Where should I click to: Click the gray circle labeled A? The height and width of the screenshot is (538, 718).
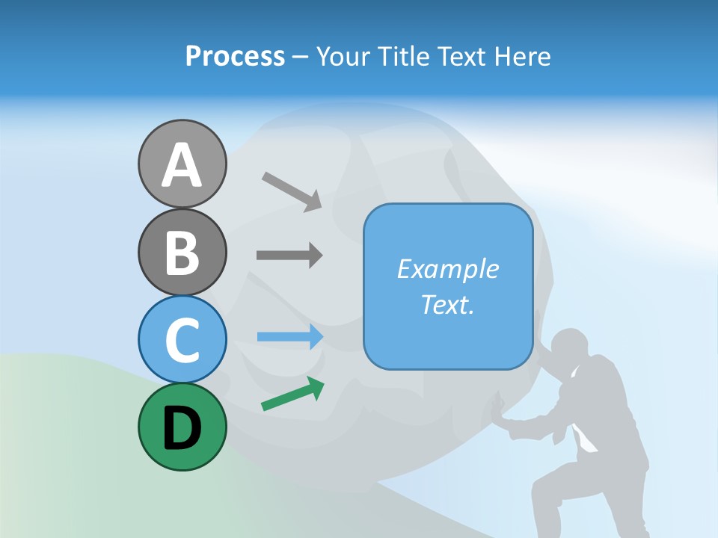(182, 164)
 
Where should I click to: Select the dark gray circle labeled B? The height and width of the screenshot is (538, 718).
(182, 253)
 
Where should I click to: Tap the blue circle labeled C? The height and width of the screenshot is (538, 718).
(182, 339)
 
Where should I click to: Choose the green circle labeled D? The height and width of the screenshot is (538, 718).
(182, 427)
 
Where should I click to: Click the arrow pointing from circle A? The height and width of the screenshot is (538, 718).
(292, 191)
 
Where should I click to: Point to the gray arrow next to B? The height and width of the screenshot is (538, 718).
(289, 256)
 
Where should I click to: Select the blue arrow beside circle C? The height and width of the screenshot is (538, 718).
(290, 337)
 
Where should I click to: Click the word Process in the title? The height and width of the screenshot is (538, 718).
(235, 57)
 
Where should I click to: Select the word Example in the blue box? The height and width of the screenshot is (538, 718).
(447, 269)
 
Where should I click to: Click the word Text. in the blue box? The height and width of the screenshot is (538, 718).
(447, 305)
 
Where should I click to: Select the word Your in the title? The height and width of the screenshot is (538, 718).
(342, 57)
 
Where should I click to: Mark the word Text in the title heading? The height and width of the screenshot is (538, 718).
(460, 57)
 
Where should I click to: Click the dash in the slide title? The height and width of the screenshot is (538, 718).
(301, 58)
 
